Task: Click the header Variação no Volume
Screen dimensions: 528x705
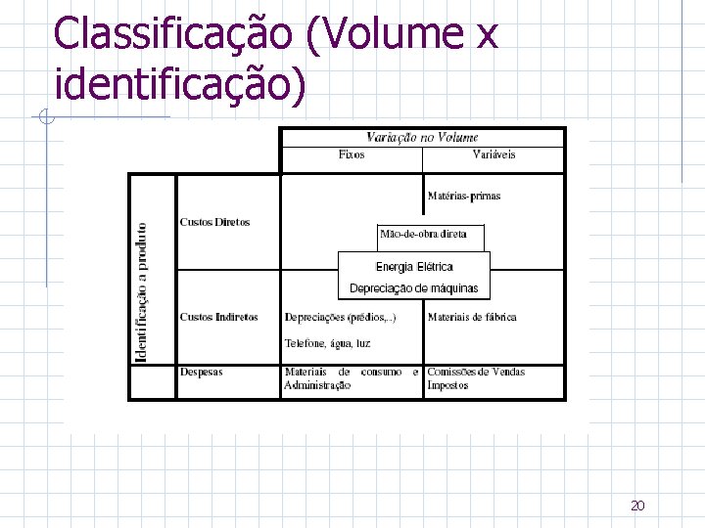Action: [422, 138]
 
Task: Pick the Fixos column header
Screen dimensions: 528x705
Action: [352, 154]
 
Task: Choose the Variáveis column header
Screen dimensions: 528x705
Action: [493, 154]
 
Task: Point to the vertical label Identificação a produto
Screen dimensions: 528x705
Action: [142, 291]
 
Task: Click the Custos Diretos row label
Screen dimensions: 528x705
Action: [214, 222]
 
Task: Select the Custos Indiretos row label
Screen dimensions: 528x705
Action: [218, 317]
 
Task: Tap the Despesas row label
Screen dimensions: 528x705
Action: [201, 372]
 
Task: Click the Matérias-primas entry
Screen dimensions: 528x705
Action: [464, 197]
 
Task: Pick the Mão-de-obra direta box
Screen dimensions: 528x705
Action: [430, 234]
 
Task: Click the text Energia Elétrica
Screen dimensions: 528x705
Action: [414, 266]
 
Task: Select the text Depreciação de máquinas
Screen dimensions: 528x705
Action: [414, 288]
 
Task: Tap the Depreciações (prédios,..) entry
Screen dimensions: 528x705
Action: [340, 317]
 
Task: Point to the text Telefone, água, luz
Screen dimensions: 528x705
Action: [327, 343]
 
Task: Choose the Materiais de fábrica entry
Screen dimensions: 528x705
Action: [472, 317]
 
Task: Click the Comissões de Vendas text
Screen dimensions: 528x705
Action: [476, 372]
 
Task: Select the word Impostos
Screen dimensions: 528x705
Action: [447, 385]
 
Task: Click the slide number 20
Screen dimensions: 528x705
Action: [637, 506]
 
